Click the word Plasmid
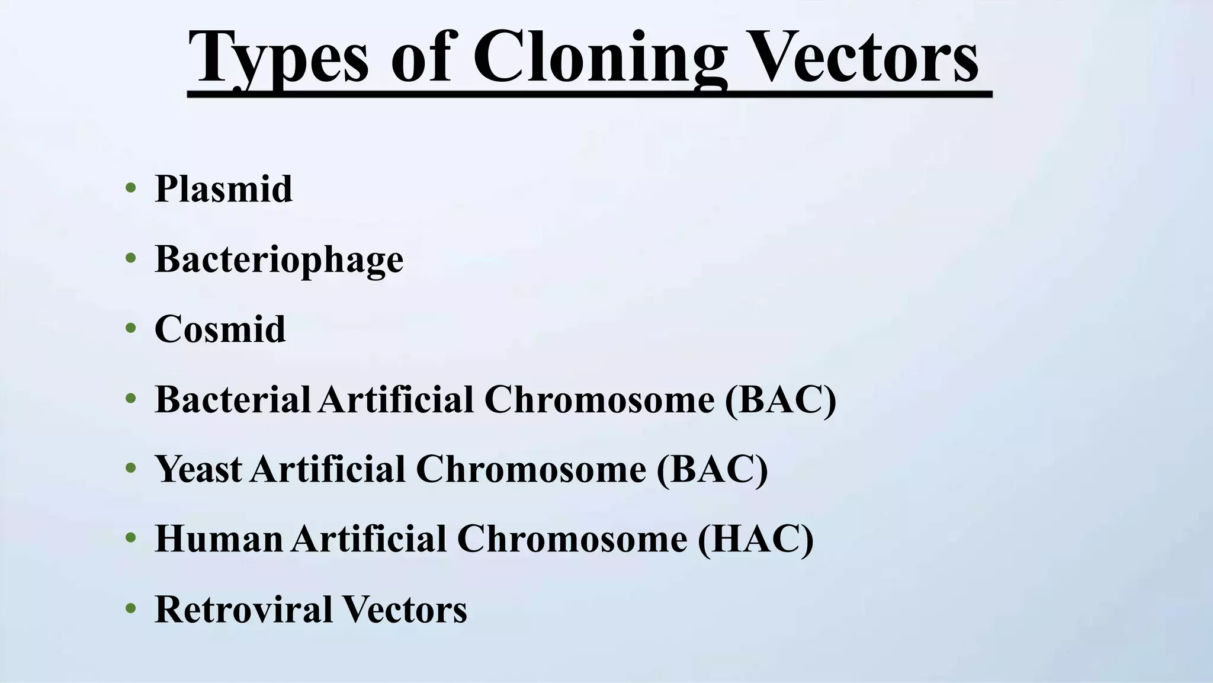[x=223, y=189]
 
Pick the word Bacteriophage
[x=279, y=259]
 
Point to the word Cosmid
[x=220, y=329]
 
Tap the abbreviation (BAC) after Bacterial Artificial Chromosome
[x=781, y=400]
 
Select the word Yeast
[x=198, y=469]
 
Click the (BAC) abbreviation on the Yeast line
[x=712, y=470]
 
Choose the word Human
[x=219, y=539]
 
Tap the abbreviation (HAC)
[x=756, y=540]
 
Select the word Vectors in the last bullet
[x=405, y=609]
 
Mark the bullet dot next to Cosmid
[x=131, y=329]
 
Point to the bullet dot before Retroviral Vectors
[x=131, y=609]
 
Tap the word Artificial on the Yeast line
[x=328, y=469]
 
